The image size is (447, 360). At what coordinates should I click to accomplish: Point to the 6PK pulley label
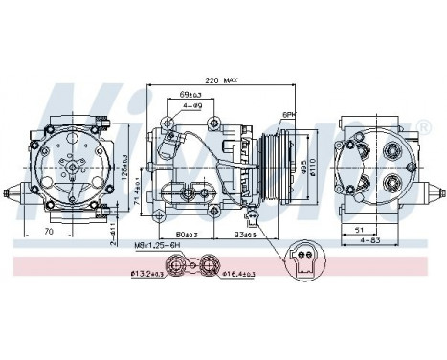[288, 114]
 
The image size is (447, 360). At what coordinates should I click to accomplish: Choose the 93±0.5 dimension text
[234, 235]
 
